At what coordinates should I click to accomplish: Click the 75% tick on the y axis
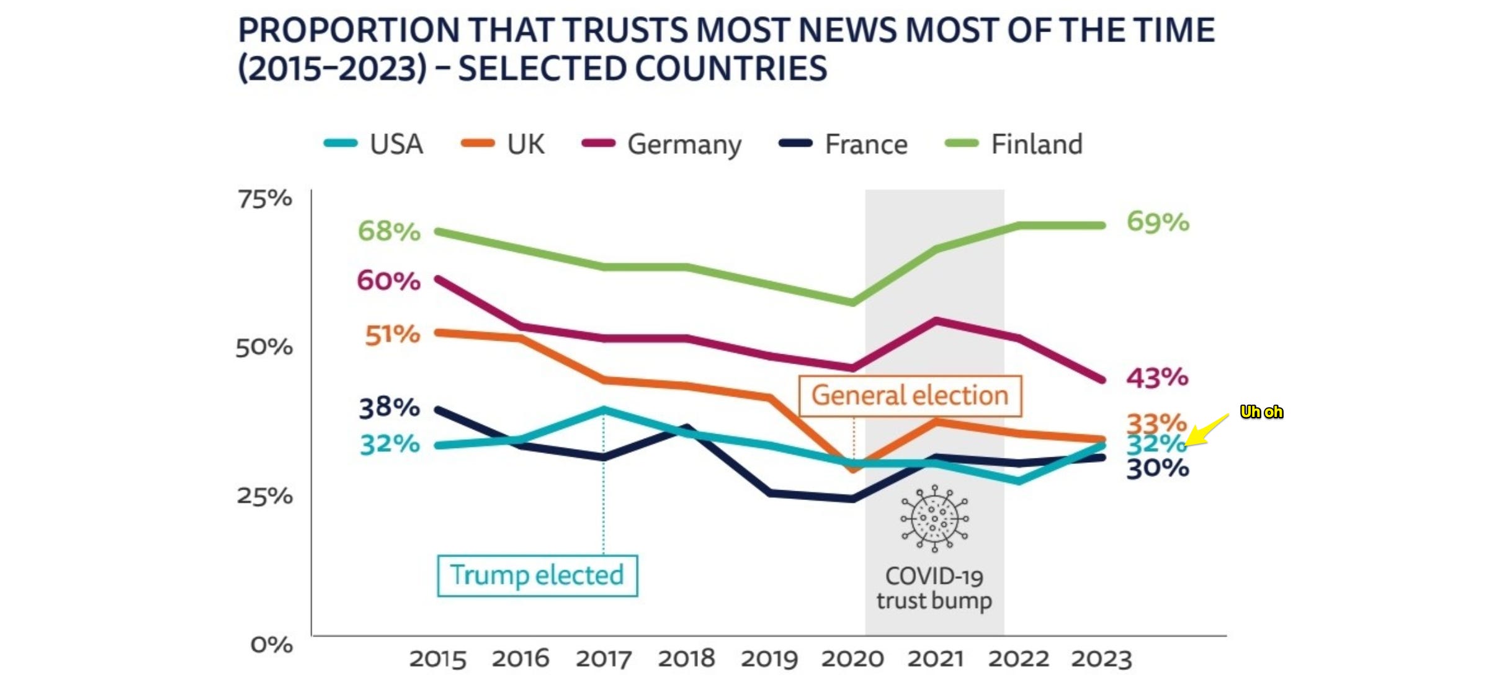pyautogui.click(x=265, y=199)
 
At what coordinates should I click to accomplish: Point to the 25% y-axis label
pyautogui.click(x=265, y=496)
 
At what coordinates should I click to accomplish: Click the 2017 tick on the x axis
pyautogui.click(x=604, y=658)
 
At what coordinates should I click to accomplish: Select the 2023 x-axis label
pyautogui.click(x=1102, y=658)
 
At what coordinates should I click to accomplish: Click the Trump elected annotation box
pyautogui.click(x=537, y=575)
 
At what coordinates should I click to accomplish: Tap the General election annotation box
pyautogui.click(x=910, y=395)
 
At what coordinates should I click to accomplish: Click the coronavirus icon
pyautogui.click(x=934, y=519)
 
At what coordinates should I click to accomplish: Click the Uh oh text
pyautogui.click(x=1261, y=412)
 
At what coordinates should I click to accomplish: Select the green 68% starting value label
pyautogui.click(x=389, y=231)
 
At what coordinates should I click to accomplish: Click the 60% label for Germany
pyautogui.click(x=389, y=280)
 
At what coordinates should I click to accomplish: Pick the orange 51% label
pyautogui.click(x=392, y=335)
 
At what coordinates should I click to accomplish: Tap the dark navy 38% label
pyautogui.click(x=389, y=408)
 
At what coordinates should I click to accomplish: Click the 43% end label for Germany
pyautogui.click(x=1157, y=377)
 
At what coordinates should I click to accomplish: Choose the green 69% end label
pyautogui.click(x=1158, y=221)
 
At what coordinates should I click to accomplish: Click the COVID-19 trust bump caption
pyautogui.click(x=934, y=588)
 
